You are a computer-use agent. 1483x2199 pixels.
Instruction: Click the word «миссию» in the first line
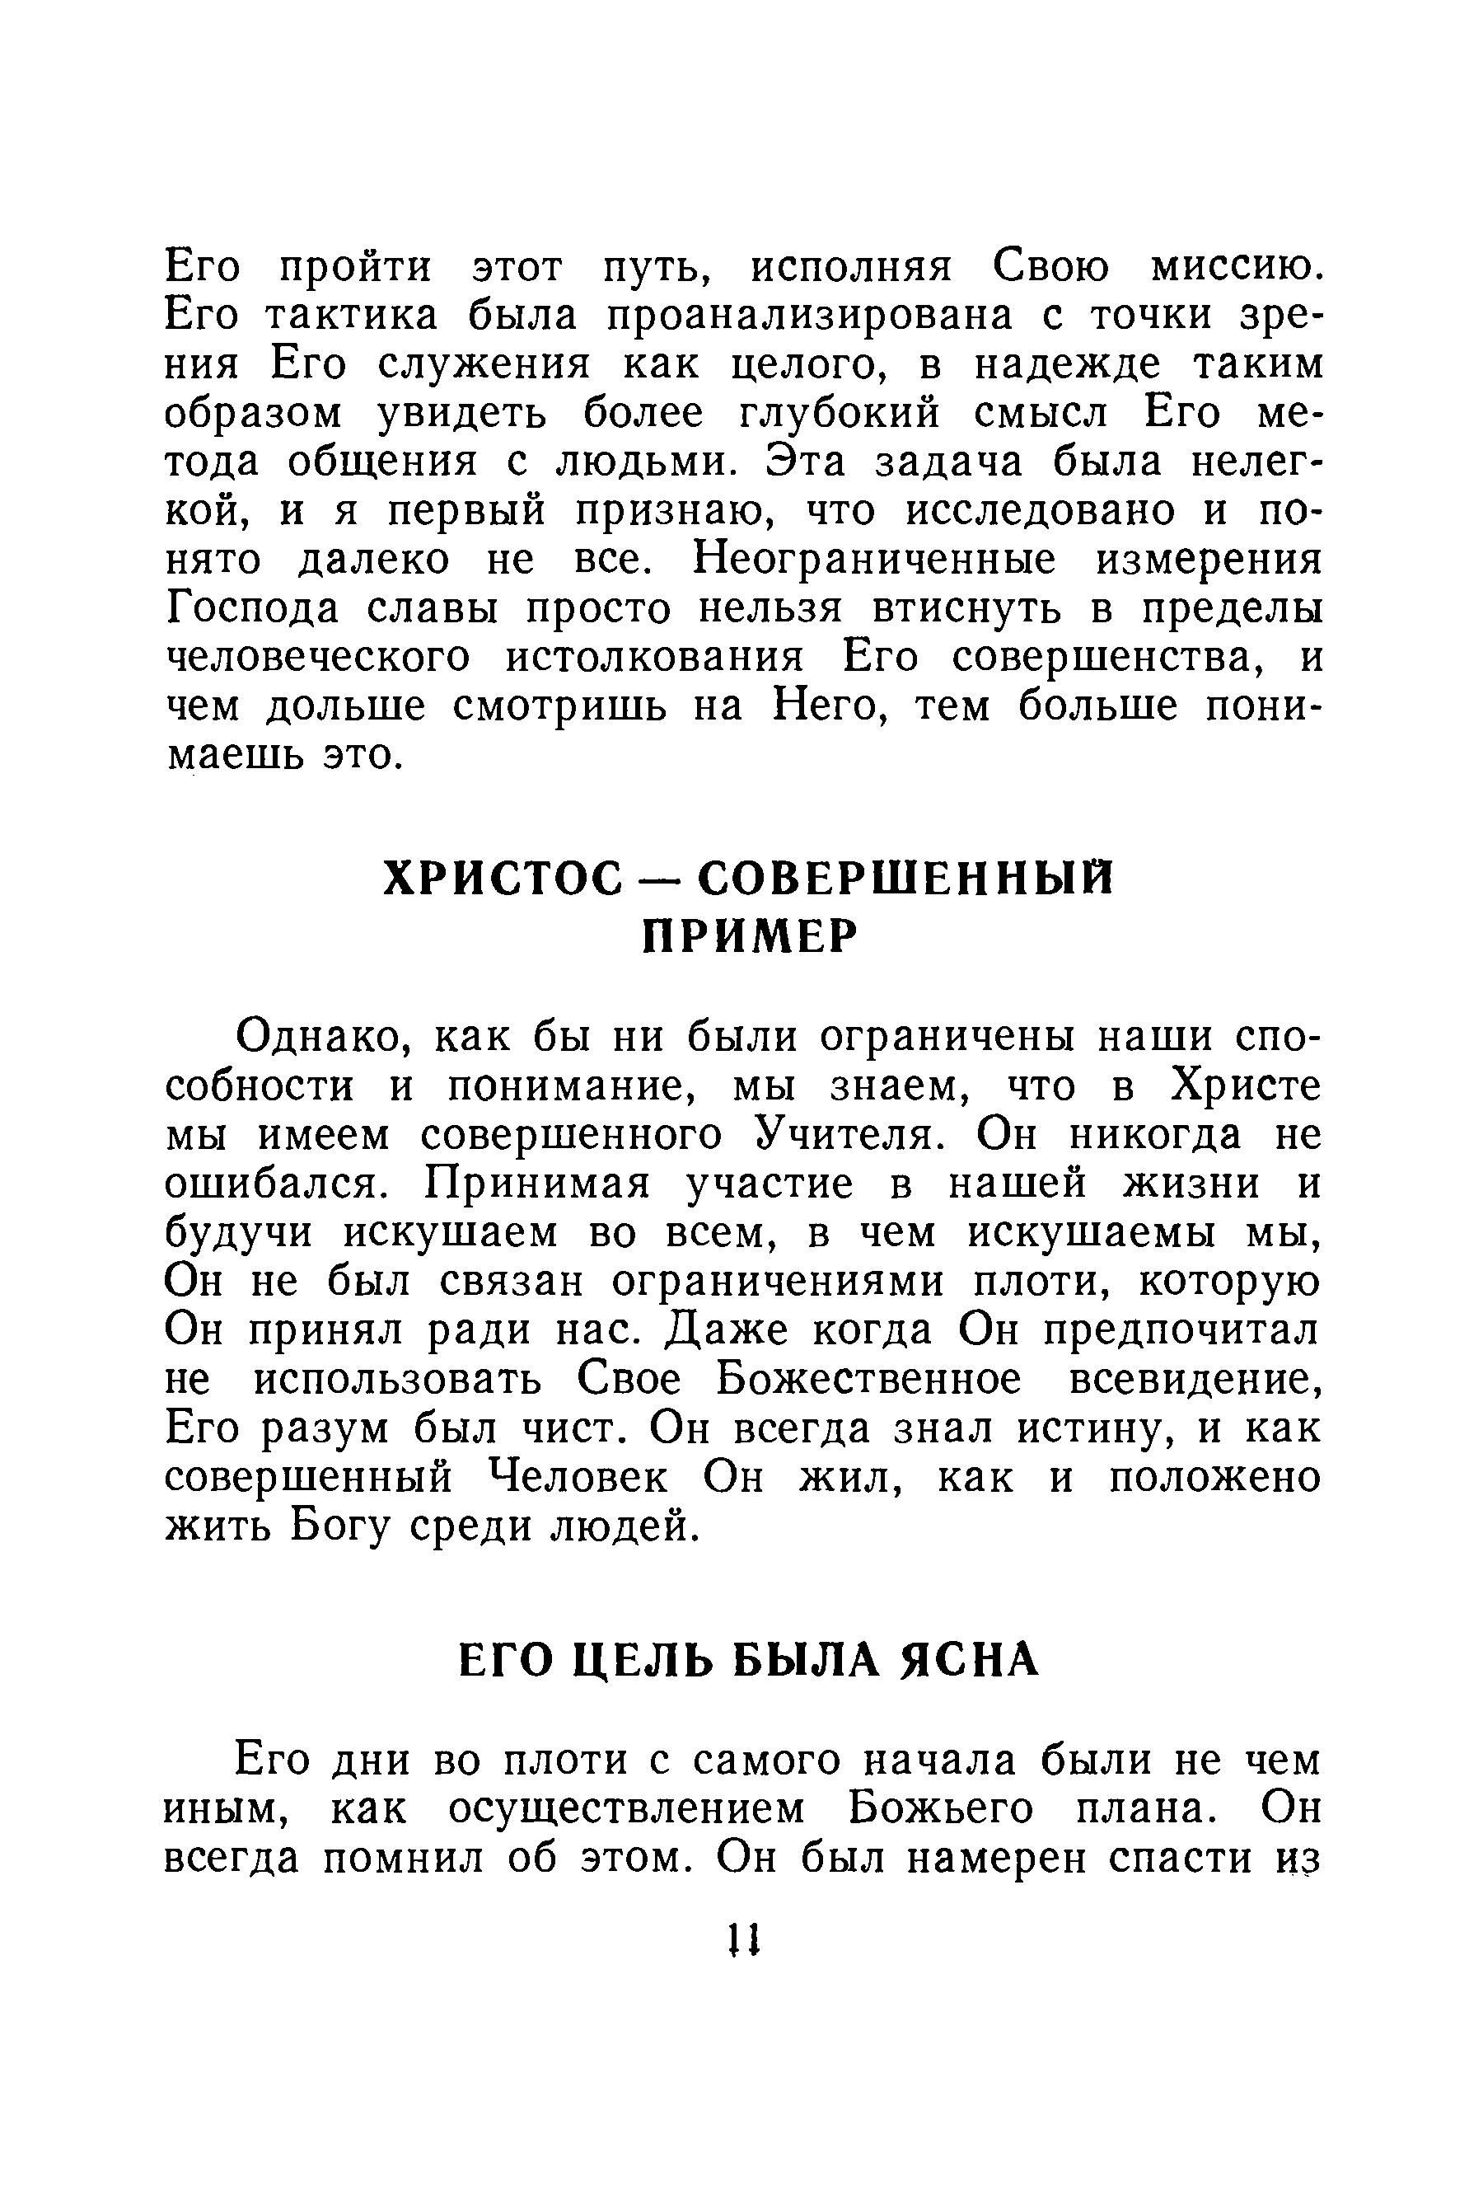(x=1233, y=268)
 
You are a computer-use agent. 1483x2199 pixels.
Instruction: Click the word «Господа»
(x=251, y=610)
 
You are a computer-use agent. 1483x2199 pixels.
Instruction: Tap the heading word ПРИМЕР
(x=750, y=938)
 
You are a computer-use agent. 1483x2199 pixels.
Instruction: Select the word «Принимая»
(x=538, y=1184)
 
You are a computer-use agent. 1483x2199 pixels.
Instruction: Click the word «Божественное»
(x=868, y=1380)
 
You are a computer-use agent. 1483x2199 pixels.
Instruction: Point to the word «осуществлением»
(x=626, y=1810)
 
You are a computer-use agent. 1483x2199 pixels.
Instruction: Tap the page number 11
(x=743, y=1942)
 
